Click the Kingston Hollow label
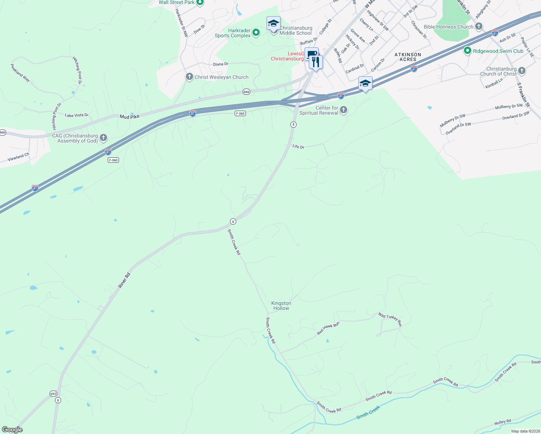[x=281, y=306]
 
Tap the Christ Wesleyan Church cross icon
[x=189, y=77]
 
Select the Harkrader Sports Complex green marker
[x=256, y=33]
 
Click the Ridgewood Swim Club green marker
[x=468, y=51]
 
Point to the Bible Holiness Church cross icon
[x=479, y=26]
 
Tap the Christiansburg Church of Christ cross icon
[x=521, y=71]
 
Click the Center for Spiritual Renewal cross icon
[x=343, y=110]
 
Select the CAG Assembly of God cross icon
[x=103, y=137]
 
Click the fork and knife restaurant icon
[x=316, y=62]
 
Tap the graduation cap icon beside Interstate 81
[x=365, y=84]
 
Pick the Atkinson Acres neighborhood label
[x=408, y=57]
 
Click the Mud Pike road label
[x=129, y=117]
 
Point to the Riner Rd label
[x=124, y=280]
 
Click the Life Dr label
[x=298, y=146]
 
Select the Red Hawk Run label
[x=328, y=328]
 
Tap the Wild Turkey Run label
[x=390, y=319]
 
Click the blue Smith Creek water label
[x=368, y=412]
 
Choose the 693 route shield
[x=53, y=393]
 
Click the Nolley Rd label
[x=503, y=422]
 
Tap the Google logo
[x=12, y=430]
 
